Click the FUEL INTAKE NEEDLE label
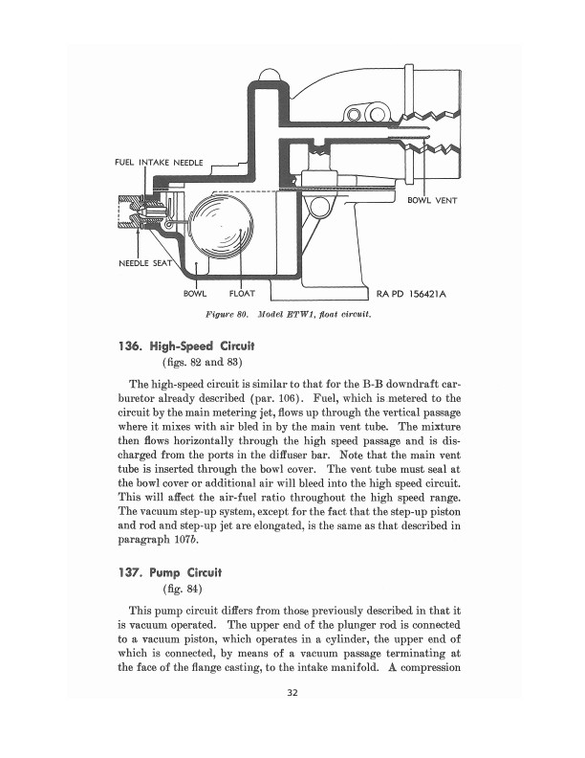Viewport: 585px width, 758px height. click(x=159, y=163)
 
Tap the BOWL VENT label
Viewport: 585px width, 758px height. click(x=432, y=200)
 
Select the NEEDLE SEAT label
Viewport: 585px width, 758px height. click(x=145, y=263)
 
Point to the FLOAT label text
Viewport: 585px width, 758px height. click(x=242, y=294)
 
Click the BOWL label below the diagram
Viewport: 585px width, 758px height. click(x=195, y=294)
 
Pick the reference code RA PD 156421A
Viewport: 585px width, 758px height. click(x=411, y=294)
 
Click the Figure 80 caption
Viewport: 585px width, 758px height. click(x=288, y=314)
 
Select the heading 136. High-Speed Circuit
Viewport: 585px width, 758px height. click(x=186, y=346)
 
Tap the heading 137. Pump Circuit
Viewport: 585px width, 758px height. click(x=170, y=573)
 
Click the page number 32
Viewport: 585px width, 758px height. click(x=292, y=693)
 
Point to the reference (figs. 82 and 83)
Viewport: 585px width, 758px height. click(x=203, y=362)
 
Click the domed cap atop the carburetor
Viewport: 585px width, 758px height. click(x=270, y=76)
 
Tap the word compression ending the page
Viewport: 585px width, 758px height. click(x=431, y=668)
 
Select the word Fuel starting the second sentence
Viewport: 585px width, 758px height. click(x=325, y=398)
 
